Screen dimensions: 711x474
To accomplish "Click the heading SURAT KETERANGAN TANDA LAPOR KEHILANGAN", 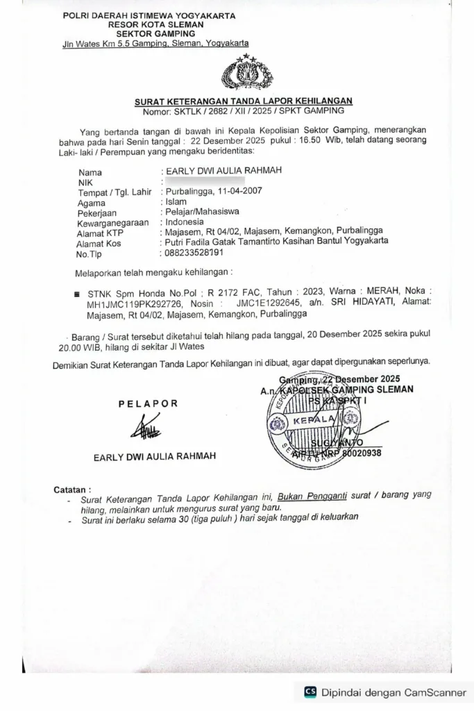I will (x=244, y=101).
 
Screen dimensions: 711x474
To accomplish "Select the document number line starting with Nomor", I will (x=243, y=111).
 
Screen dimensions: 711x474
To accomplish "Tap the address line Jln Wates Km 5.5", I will (x=155, y=44).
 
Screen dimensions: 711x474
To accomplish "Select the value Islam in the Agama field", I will (x=176, y=202).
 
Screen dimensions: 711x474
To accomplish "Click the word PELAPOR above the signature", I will (x=148, y=403).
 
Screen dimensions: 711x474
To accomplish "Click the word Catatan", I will (x=72, y=489).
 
